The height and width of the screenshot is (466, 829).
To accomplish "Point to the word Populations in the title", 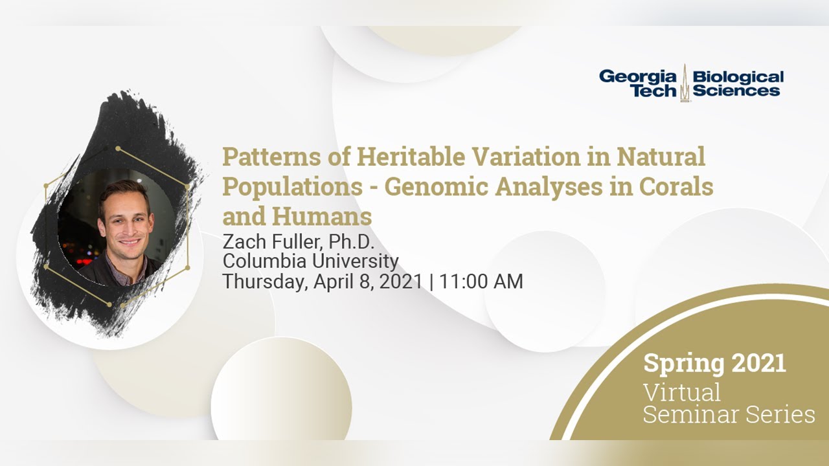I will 292,186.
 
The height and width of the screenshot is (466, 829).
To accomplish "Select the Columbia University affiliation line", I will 310,261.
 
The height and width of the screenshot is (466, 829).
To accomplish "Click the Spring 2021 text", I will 714,363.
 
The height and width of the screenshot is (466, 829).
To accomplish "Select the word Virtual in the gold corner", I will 681,392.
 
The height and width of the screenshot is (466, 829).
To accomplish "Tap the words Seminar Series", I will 729,414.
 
